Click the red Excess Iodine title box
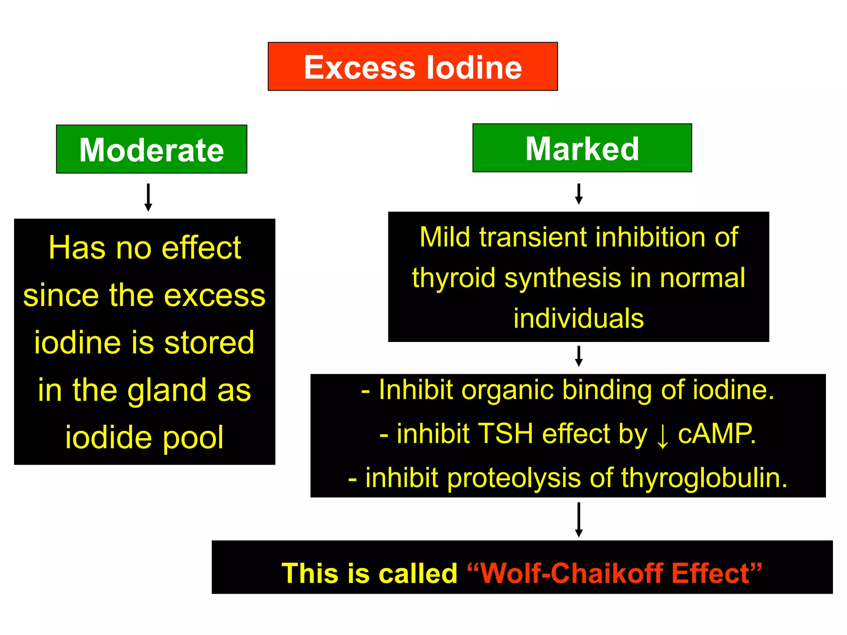(413, 67)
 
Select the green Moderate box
(151, 149)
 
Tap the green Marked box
(582, 148)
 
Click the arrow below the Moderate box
(148, 198)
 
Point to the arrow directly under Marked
(579, 194)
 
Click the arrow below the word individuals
(579, 356)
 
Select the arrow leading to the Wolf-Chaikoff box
(579, 519)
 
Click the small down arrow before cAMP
(662, 436)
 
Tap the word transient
(534, 237)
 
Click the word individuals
(579, 318)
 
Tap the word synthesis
(563, 278)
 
